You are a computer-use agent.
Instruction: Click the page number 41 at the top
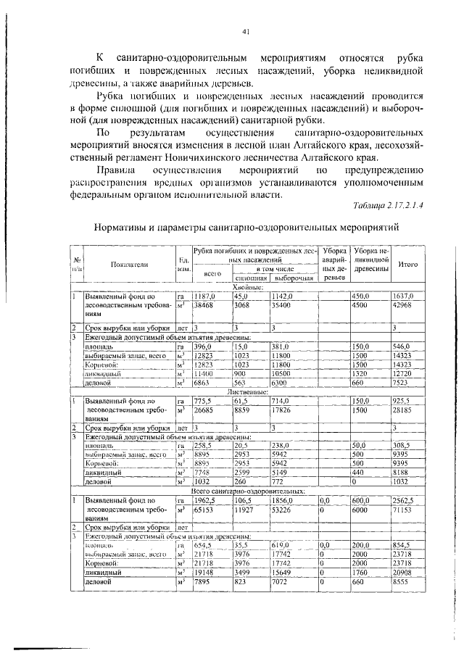[246, 30]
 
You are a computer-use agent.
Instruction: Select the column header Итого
[407, 265]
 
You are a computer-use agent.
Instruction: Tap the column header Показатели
[130, 265]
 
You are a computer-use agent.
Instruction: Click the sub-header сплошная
[250, 278]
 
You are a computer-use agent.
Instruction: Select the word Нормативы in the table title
[122, 228]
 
